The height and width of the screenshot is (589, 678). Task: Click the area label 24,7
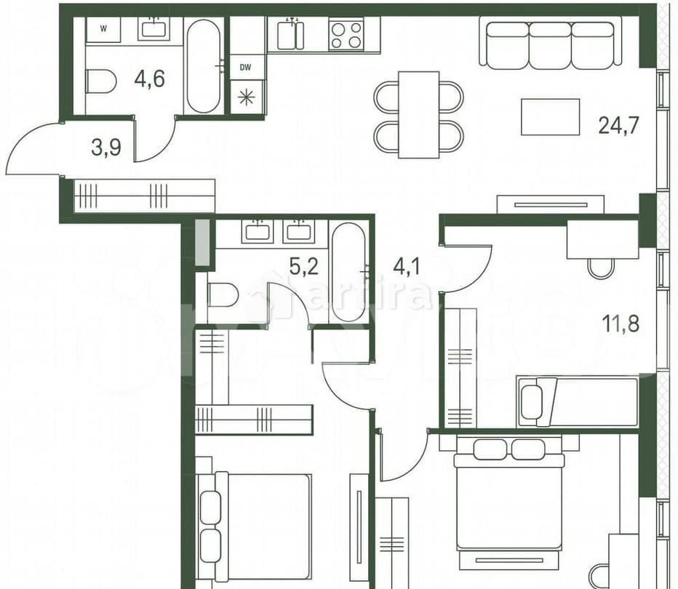point(618,126)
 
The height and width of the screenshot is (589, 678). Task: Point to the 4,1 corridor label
point(407,266)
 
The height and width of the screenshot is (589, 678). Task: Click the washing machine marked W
point(103,30)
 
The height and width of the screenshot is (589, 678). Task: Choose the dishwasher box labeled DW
point(246,67)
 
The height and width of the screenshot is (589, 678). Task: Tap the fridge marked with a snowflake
point(246,97)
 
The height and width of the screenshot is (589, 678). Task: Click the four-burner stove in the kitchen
point(346,34)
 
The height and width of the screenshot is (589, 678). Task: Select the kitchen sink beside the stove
point(291,34)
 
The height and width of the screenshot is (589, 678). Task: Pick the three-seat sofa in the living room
point(551,44)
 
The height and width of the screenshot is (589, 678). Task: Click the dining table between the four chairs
point(418,115)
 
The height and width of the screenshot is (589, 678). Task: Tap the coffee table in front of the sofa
point(550,117)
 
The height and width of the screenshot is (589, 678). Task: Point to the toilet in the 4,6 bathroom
point(100,81)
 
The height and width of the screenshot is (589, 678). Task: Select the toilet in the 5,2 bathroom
point(222,295)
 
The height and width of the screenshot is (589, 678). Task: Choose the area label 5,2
point(303,266)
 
